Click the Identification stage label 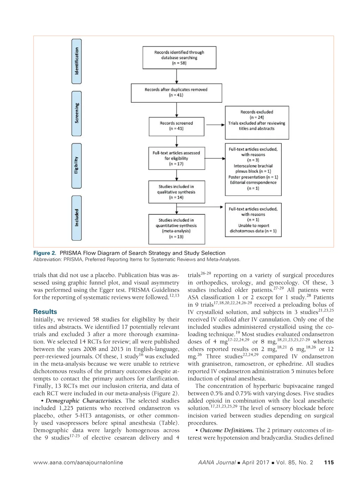point(77,61)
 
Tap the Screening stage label point(77,113)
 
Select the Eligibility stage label point(77,165)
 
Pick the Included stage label point(77,218)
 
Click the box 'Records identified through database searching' point(179,58)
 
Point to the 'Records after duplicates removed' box point(176,93)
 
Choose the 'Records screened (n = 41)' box point(176,126)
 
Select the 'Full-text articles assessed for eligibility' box point(176,158)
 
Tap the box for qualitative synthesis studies point(176,192)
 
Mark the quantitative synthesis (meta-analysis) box point(176,228)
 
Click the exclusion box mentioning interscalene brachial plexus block point(253,169)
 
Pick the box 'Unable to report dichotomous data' point(253,220)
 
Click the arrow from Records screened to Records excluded point(215,125)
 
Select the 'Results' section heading point(45,312)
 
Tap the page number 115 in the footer point(329,463)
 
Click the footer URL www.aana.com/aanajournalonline point(78,463)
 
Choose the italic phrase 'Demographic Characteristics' point(84,401)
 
